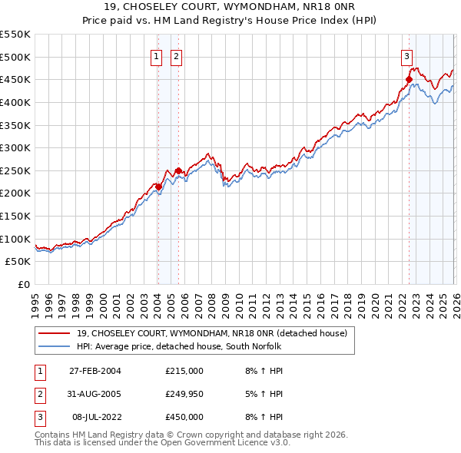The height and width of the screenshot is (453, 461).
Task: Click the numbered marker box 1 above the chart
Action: [156, 56]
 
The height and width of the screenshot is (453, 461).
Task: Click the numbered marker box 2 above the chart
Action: [176, 56]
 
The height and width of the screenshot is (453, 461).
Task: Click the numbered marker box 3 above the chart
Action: [406, 56]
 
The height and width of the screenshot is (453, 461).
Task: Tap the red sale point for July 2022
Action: [409, 79]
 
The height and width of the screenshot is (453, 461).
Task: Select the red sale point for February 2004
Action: [158, 186]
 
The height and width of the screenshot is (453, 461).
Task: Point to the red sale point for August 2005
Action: [178, 170]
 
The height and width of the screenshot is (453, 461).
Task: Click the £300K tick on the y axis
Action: [15, 147]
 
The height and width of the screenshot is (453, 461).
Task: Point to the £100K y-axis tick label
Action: [15, 239]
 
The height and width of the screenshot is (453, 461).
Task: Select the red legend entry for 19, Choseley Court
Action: [212, 333]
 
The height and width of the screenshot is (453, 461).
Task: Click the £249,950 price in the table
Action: [184, 394]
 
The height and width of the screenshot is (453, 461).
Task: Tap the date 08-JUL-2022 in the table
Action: [95, 417]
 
